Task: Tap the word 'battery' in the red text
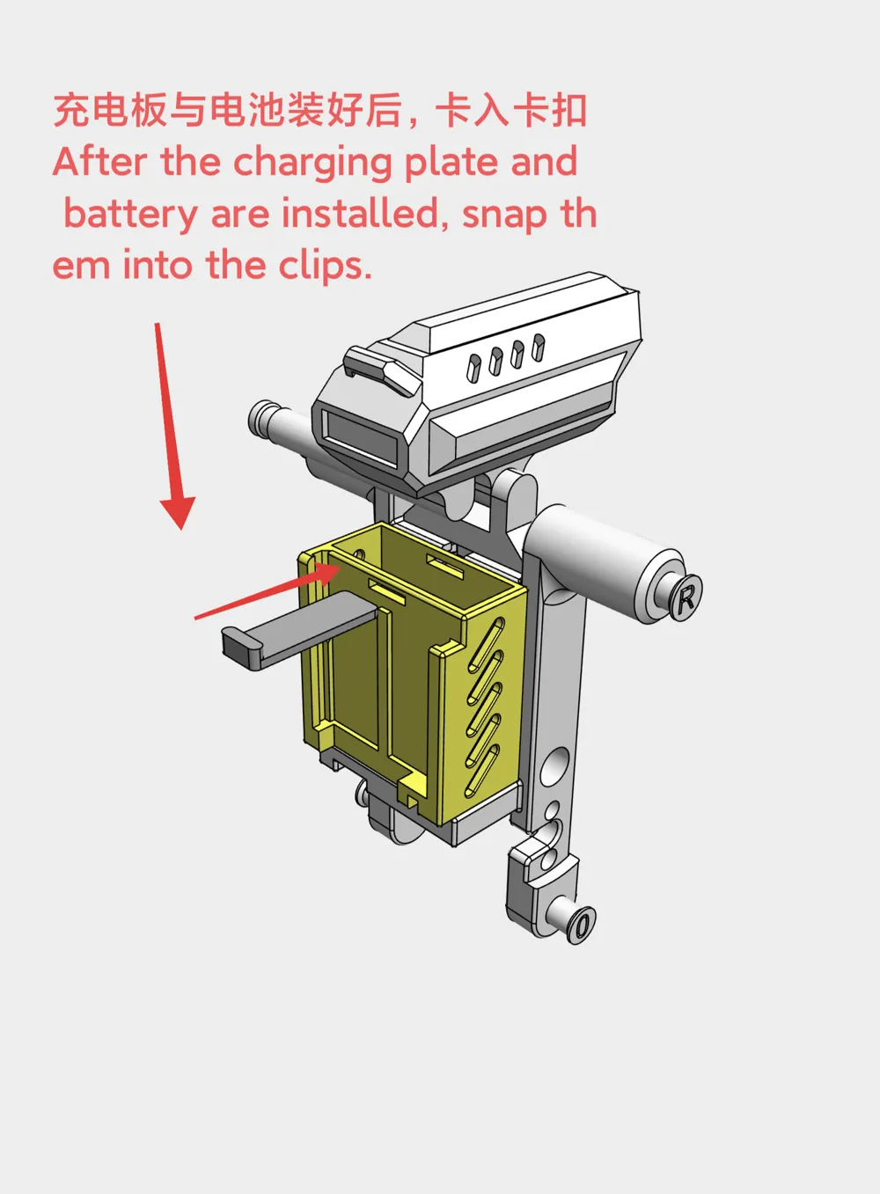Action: click(130, 216)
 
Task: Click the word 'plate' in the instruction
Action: click(452, 164)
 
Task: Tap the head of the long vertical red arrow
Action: click(178, 512)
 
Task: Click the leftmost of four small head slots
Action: click(473, 367)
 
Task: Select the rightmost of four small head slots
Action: click(539, 348)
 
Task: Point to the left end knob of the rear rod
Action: click(261, 417)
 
